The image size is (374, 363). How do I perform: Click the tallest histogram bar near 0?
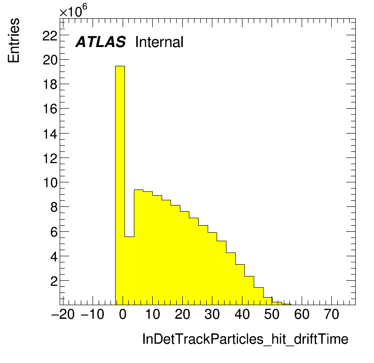pyautogui.click(x=120, y=185)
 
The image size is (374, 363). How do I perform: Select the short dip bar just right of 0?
pyautogui.click(x=129, y=271)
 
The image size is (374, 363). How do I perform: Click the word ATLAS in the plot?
pyautogui.click(x=101, y=42)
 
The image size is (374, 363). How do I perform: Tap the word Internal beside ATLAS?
pyautogui.click(x=159, y=42)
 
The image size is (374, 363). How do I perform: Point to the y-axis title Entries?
pyautogui.click(x=14, y=40)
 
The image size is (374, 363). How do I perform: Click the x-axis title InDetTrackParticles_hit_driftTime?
pyautogui.click(x=245, y=339)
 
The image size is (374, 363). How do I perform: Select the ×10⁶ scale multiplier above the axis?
pyautogui.click(x=73, y=10)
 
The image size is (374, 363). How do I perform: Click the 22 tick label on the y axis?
pyautogui.click(x=50, y=36)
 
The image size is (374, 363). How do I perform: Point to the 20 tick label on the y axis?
pyautogui.click(x=50, y=60)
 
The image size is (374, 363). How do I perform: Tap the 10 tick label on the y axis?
pyautogui.click(x=50, y=183)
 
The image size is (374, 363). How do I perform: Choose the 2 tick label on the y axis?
pyautogui.click(x=54, y=281)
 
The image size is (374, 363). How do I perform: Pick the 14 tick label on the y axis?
pyautogui.click(x=50, y=134)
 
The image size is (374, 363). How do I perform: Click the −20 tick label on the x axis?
pyautogui.click(x=63, y=314)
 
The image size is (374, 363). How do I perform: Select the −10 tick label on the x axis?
pyautogui.click(x=93, y=314)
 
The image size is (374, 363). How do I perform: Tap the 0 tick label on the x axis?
pyautogui.click(x=123, y=314)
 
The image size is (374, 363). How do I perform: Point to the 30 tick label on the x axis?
pyautogui.click(x=212, y=314)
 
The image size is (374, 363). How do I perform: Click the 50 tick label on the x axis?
pyautogui.click(x=272, y=314)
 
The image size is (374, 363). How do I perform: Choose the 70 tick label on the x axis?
pyautogui.click(x=332, y=314)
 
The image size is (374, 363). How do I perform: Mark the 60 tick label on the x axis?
pyautogui.click(x=302, y=314)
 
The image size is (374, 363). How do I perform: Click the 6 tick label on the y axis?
pyautogui.click(x=54, y=232)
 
